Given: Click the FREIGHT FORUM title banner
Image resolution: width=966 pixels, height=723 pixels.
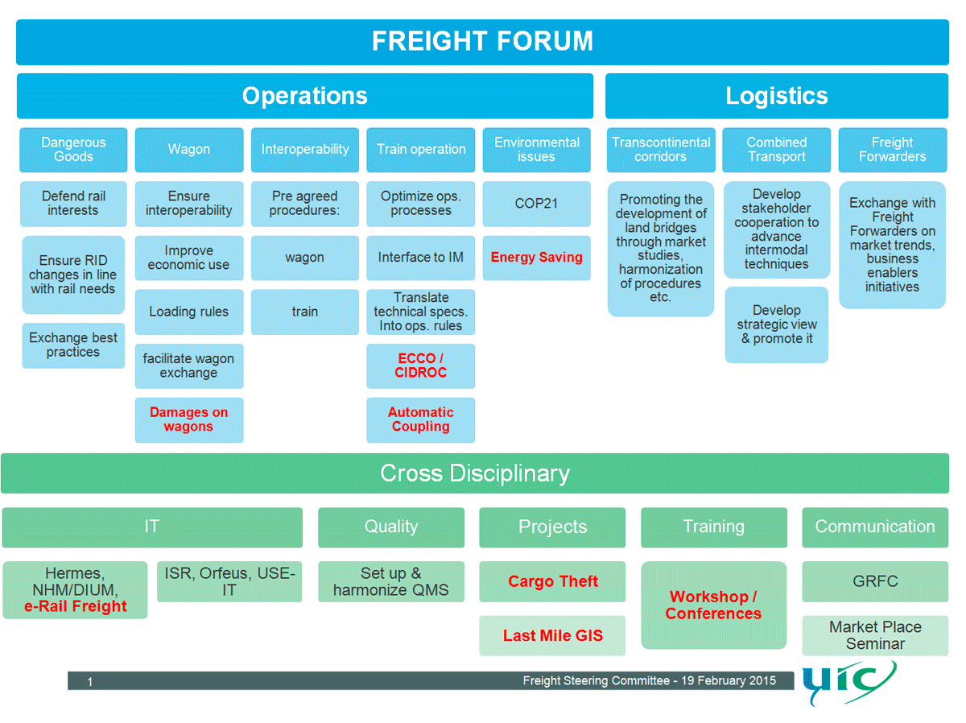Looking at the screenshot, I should (x=482, y=42).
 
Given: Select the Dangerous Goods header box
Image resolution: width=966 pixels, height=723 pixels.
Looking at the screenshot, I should (x=73, y=150).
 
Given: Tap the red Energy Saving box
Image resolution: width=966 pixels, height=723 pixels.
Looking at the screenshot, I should (x=536, y=258).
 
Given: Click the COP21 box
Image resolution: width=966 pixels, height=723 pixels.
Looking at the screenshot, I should (x=536, y=204).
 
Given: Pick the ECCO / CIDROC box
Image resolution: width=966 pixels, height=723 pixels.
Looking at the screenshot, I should (x=420, y=366).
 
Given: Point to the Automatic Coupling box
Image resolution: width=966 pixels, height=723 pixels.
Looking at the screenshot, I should (x=420, y=419).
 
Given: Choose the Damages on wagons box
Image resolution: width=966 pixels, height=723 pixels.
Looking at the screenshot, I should (x=188, y=419).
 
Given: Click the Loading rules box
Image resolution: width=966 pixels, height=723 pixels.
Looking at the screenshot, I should (x=188, y=312).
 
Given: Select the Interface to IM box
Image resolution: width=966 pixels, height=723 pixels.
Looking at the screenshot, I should (x=420, y=258).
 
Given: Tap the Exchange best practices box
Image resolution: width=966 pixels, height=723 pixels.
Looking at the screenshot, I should (x=73, y=345).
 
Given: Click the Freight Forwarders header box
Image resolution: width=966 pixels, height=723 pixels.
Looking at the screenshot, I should (x=892, y=150).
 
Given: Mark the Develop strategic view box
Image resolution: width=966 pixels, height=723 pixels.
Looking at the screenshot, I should (x=776, y=324).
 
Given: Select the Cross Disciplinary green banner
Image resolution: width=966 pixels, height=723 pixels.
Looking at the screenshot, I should (x=475, y=473).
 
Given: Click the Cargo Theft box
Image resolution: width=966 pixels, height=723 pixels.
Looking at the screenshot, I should (x=552, y=582).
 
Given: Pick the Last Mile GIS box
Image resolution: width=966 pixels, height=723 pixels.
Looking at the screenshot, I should (x=552, y=636).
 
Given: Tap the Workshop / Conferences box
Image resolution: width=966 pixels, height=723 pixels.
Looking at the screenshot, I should (x=713, y=605).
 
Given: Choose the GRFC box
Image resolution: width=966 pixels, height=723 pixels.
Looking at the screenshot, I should (x=875, y=582).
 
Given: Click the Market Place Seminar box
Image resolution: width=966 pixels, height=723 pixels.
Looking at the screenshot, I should (x=875, y=635).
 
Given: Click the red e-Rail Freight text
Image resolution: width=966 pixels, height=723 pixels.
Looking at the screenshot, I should (x=76, y=607).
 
